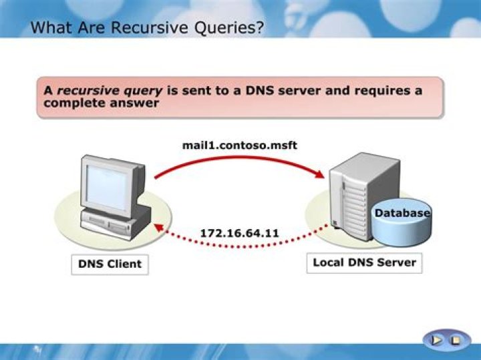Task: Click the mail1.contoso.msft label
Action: pos(240,145)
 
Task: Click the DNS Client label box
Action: pos(110,264)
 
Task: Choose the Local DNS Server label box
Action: pos(365,262)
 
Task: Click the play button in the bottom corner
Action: pos(436,340)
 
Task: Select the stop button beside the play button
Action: pos(456,340)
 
